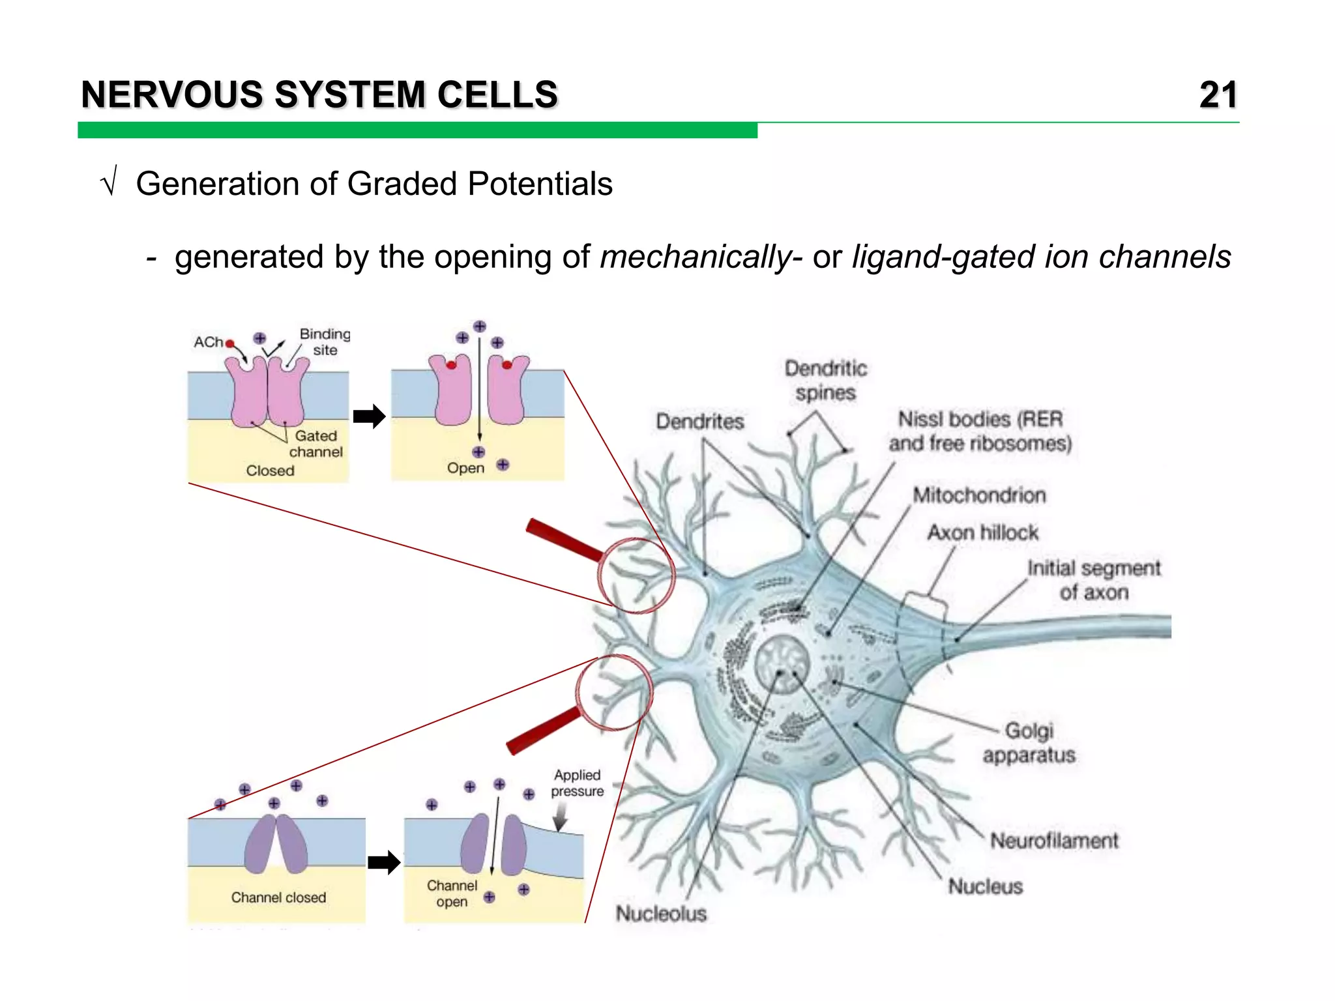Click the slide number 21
coord(1218,95)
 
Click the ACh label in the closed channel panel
coord(208,342)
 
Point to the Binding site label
coord(325,342)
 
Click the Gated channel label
coord(315,444)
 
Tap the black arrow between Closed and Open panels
coord(369,416)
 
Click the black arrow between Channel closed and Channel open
coord(383,862)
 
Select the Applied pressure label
coord(577,783)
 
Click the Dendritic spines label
coord(825,381)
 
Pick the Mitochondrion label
coord(978,495)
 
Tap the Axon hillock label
coord(982,532)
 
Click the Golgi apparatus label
coord(1029,743)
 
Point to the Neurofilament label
coord(1054,841)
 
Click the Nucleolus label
coord(661,913)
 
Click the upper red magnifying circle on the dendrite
coord(636,575)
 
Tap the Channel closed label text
coord(278,897)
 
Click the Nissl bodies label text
coord(980,431)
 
